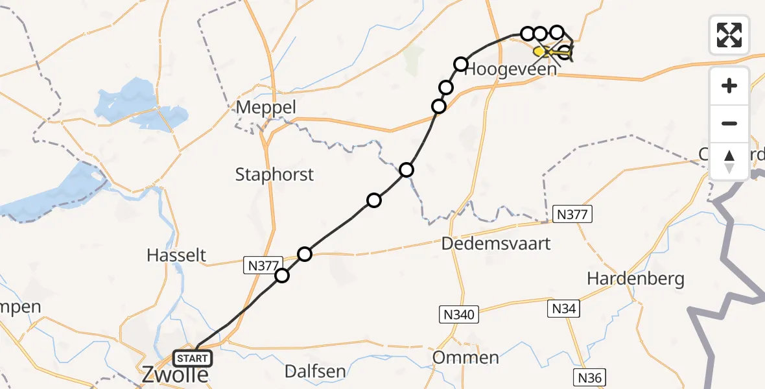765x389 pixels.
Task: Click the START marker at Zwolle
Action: click(x=193, y=358)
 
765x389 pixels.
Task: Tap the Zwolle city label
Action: click(x=176, y=375)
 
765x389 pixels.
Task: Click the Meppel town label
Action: click(x=266, y=107)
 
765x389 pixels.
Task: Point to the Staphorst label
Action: click(x=274, y=174)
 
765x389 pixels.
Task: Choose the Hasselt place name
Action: click(x=176, y=255)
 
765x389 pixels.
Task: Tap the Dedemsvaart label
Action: click(x=496, y=244)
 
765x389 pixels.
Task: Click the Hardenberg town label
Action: click(x=635, y=279)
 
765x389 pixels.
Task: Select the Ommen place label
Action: click(x=467, y=357)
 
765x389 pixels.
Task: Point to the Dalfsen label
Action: click(x=315, y=371)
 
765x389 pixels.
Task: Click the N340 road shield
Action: click(x=458, y=316)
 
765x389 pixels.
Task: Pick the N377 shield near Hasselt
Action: click(x=263, y=265)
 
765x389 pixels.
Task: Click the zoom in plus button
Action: click(x=729, y=86)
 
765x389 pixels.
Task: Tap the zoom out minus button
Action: click(x=729, y=123)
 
